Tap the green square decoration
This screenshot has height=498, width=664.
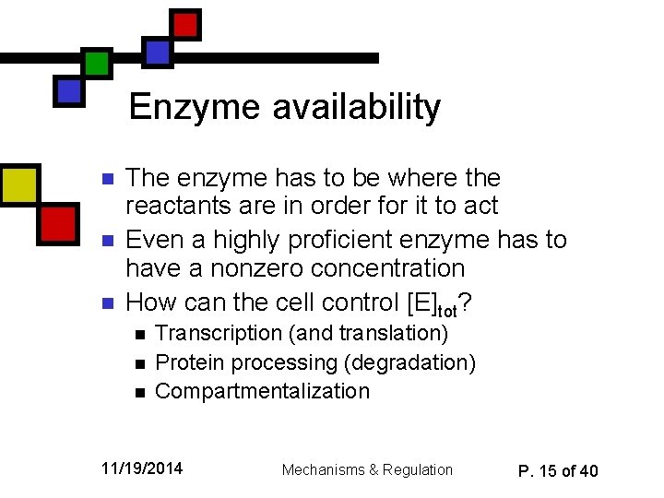click(97, 63)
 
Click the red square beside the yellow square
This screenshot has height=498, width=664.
click(58, 222)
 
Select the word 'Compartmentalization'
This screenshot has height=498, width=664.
click(262, 391)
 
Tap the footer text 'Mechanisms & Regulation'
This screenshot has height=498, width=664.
click(367, 470)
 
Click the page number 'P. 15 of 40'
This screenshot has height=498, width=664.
click(558, 471)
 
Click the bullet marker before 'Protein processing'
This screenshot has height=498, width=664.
click(138, 363)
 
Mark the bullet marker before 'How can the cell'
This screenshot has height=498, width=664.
click(107, 303)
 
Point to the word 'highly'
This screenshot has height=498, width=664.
click(250, 240)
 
